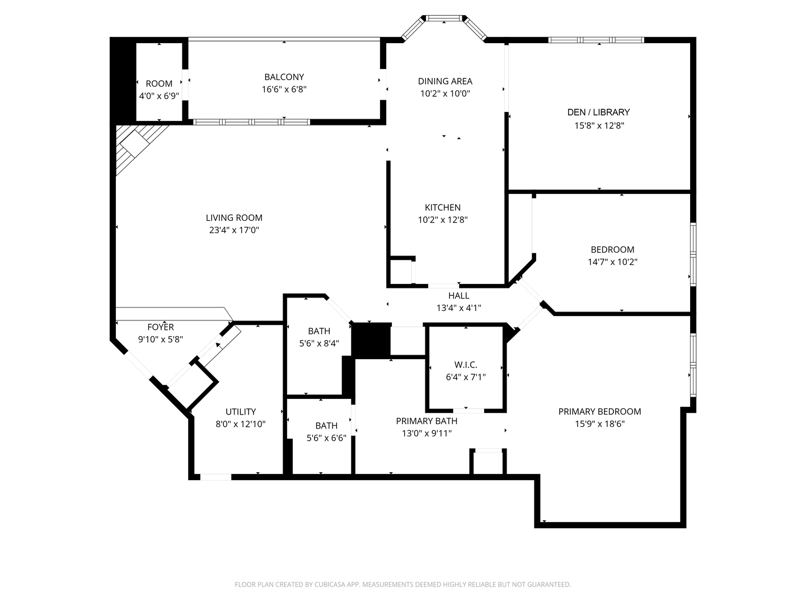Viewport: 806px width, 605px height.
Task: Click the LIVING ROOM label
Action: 234,218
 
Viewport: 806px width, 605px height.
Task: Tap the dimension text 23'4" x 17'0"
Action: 234,230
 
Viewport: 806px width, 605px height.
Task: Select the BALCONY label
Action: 284,77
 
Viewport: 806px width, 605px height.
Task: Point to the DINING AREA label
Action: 445,81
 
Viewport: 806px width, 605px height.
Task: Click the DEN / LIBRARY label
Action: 598,112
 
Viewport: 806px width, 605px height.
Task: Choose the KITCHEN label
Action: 442,208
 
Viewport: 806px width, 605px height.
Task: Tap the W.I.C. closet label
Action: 466,365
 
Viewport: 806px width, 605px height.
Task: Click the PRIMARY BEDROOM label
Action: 599,412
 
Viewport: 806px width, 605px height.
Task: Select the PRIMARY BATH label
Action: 427,421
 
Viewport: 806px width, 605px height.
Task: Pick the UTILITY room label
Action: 241,412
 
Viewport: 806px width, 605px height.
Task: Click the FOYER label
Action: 161,327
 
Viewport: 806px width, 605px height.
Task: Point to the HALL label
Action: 458,296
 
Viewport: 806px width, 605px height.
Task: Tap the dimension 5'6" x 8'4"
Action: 319,343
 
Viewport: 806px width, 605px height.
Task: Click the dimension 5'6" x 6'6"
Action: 326,438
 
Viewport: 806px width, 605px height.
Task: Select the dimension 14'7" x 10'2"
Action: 612,262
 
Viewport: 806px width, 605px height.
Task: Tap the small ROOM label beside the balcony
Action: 159,84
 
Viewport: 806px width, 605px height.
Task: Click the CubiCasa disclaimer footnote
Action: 402,584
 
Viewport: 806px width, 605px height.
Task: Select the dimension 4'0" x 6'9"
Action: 159,96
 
